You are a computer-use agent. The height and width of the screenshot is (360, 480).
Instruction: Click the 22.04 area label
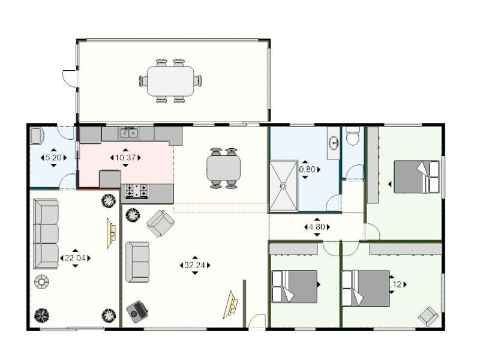[75, 258]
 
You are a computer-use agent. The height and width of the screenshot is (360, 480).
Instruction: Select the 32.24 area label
[195, 265]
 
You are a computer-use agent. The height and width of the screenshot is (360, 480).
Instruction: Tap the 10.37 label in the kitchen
[125, 158]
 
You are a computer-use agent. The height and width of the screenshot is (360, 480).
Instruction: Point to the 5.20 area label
[53, 158]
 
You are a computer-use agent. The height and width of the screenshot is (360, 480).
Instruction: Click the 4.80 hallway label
[316, 227]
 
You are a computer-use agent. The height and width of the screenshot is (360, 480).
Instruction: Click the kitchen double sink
[128, 133]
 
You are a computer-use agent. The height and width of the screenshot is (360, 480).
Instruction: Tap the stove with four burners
[136, 191]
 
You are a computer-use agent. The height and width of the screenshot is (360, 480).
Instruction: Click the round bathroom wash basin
[334, 143]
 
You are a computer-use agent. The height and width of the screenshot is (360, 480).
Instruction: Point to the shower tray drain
[284, 185]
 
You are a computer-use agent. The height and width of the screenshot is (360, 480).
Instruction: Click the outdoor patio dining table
[170, 81]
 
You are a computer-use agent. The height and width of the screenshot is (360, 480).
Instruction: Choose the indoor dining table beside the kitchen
[224, 168]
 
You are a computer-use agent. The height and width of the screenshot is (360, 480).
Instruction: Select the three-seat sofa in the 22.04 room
[46, 234]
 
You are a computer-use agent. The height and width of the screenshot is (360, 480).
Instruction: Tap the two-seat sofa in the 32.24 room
[137, 262]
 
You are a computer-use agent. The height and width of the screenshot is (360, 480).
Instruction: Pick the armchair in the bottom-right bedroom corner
[428, 316]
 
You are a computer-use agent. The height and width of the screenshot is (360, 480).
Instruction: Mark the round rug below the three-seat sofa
[41, 281]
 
